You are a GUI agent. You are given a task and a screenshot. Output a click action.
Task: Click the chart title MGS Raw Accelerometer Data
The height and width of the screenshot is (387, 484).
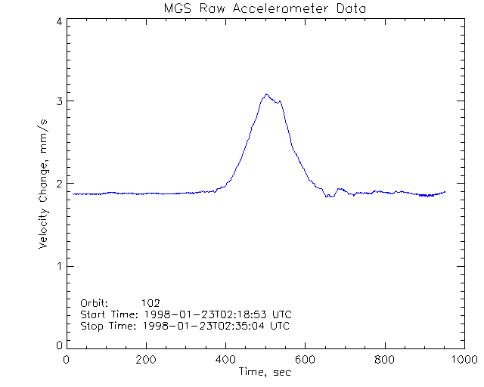pyautogui.click(x=264, y=8)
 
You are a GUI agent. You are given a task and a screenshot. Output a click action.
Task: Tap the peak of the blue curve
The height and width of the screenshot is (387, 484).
pyautogui.click(x=266, y=94)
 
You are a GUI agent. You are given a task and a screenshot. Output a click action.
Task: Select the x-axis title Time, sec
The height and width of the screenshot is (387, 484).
pyautogui.click(x=265, y=371)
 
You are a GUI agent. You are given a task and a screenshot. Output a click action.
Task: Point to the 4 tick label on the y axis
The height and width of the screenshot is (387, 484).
pyautogui.click(x=58, y=21)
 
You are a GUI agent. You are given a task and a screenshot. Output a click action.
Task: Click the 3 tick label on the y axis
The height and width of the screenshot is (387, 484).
pyautogui.click(x=58, y=101)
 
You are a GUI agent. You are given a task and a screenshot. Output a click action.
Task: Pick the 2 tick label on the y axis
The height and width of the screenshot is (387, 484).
pyautogui.click(x=58, y=184)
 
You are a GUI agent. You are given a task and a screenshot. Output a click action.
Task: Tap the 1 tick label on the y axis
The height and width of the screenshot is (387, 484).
pyautogui.click(x=58, y=266)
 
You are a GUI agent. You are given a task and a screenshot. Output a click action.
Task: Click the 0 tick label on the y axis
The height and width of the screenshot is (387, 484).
pyautogui.click(x=58, y=345)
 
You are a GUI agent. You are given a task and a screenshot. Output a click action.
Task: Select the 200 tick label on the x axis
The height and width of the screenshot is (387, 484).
pyautogui.click(x=146, y=360)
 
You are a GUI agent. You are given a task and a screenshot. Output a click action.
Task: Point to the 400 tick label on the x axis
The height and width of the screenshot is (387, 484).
pyautogui.click(x=225, y=360)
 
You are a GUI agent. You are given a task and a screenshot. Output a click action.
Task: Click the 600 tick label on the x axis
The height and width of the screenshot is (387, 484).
pyautogui.click(x=305, y=360)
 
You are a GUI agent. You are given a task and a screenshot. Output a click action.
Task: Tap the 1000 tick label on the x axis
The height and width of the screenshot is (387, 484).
pyautogui.click(x=462, y=360)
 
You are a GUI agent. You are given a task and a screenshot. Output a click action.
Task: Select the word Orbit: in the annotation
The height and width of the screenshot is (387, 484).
pyautogui.click(x=95, y=302)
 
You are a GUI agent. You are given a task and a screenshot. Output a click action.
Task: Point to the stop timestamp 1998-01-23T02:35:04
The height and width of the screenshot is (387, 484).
pyautogui.click(x=203, y=326)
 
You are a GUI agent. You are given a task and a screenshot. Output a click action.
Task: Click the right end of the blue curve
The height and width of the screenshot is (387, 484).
pyautogui.click(x=445, y=192)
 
